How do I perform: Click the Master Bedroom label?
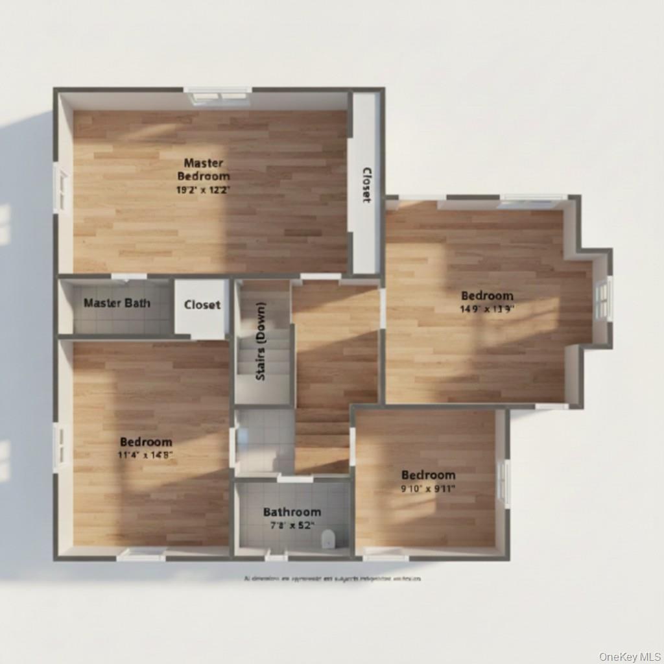[x=204, y=169]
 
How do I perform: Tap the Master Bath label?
[x=117, y=303]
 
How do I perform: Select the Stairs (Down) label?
[x=261, y=341]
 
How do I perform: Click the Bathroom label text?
[x=292, y=512]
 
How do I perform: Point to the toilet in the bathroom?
[x=329, y=538]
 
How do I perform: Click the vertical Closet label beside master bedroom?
[x=366, y=185]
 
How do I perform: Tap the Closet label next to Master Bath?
[x=202, y=305]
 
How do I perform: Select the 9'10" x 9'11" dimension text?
[x=428, y=489]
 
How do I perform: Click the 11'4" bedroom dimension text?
[x=146, y=455]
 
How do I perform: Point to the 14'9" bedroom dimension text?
[x=487, y=309]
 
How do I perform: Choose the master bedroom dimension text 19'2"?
[x=204, y=190]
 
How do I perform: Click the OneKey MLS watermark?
[x=628, y=656]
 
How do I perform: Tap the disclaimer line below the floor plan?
[x=332, y=578]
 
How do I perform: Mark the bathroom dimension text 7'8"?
[x=292, y=525]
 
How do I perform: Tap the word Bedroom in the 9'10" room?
[x=428, y=475]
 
